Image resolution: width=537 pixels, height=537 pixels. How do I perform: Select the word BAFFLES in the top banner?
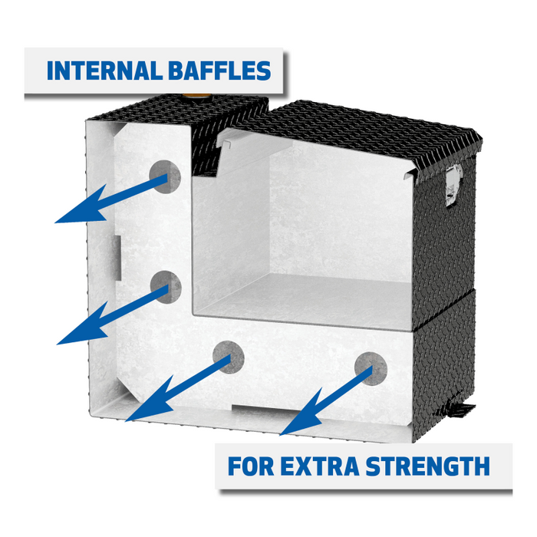click(217, 71)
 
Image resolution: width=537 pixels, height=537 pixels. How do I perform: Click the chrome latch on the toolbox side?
click(453, 187)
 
